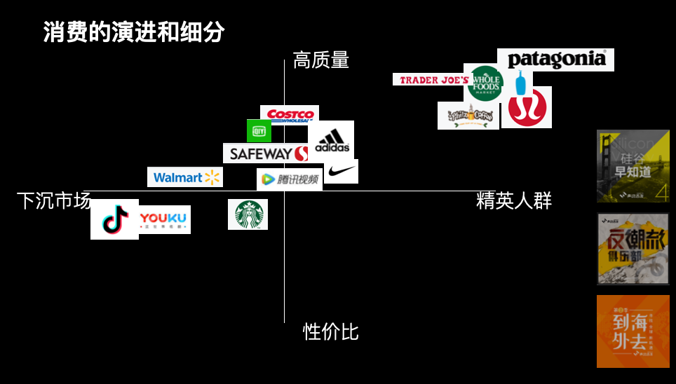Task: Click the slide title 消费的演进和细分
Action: coord(134,32)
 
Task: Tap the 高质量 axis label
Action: coord(320,60)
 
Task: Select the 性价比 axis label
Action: coord(330,331)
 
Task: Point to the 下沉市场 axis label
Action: coord(54,201)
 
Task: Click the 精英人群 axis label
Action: coord(514,201)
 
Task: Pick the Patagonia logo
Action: coord(555,60)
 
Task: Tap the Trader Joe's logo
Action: coord(431,80)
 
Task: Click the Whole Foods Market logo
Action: coord(485,83)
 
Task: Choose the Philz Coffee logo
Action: coord(468,116)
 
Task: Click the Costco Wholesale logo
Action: coord(290,114)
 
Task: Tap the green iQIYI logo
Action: coord(259,131)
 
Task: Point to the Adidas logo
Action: coord(332,140)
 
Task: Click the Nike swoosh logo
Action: coord(342,172)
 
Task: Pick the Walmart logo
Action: coord(185,177)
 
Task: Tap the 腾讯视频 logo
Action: coord(289,179)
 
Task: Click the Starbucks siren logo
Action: coord(248,214)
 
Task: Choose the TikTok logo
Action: coord(114,219)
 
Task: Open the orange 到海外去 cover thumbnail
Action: coord(633,331)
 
